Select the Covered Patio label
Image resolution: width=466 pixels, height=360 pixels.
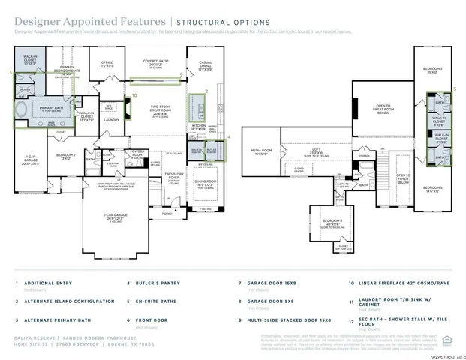point(157,64)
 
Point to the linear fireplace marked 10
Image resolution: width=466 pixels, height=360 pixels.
point(126,109)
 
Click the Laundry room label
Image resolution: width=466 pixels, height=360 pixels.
point(111,119)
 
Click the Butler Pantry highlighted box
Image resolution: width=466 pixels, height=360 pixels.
point(212,151)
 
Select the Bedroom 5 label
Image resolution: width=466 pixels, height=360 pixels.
point(431,189)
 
